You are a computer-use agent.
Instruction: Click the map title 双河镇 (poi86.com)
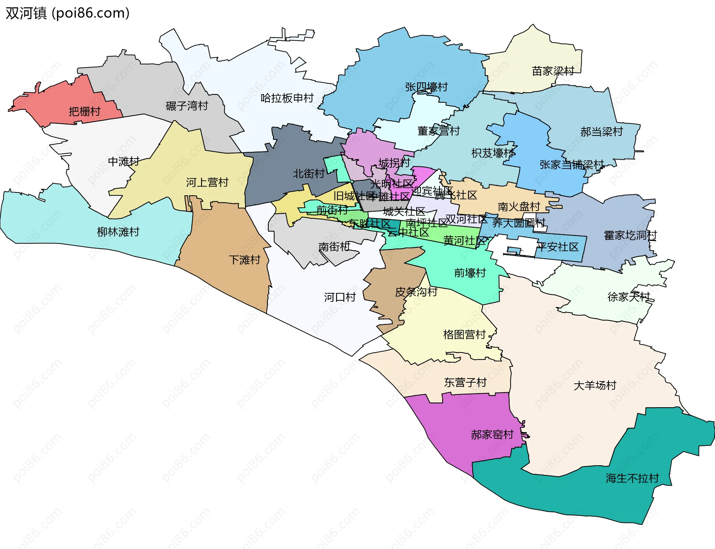(x=67, y=13)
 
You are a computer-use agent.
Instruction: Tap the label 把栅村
(x=85, y=111)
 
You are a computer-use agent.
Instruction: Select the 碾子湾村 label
(x=187, y=106)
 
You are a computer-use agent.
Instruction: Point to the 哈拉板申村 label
(x=287, y=98)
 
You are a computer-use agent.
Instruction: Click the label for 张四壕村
(x=426, y=87)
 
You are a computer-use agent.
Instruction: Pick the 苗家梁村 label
(x=553, y=71)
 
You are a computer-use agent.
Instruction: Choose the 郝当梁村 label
(x=601, y=132)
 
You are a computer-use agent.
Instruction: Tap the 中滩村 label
(x=124, y=162)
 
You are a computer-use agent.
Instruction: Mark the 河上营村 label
(x=207, y=182)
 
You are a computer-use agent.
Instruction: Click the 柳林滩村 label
(x=118, y=232)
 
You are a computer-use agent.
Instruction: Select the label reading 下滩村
(x=244, y=260)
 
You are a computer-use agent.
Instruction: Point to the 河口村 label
(x=340, y=297)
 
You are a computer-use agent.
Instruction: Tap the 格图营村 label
(x=464, y=335)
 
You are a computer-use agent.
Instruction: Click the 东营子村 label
(x=465, y=382)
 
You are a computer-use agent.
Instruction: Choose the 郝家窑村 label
(x=492, y=435)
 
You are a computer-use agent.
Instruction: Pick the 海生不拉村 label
(x=632, y=478)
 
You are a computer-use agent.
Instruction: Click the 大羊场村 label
(x=595, y=386)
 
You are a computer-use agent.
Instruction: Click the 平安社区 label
(x=557, y=247)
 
